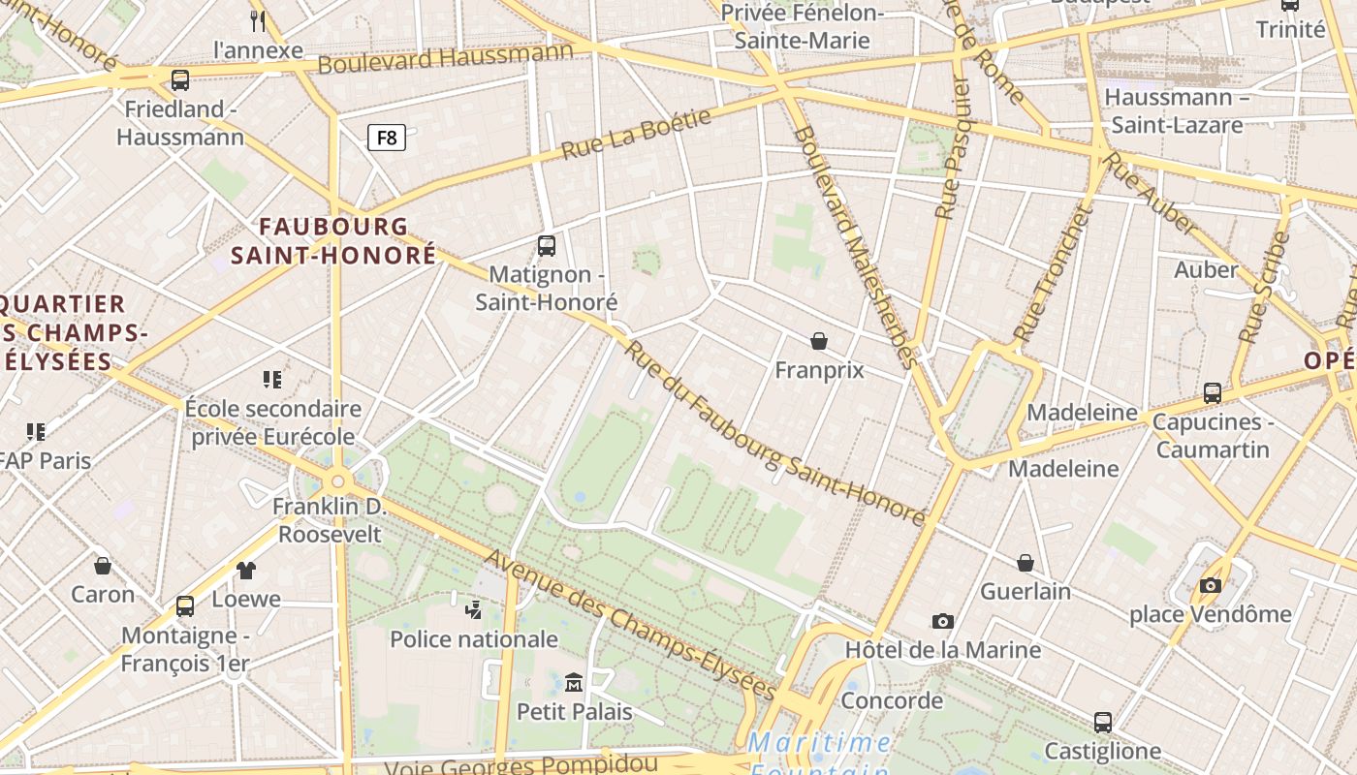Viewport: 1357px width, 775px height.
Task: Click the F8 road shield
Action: [386, 138]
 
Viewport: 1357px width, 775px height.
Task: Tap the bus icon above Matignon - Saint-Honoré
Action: [547, 246]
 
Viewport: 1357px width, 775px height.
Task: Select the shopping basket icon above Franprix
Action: [819, 341]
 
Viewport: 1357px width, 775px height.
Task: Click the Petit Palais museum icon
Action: [574, 683]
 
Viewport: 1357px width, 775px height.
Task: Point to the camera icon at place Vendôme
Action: [1210, 585]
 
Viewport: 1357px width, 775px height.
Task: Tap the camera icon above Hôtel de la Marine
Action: [942, 621]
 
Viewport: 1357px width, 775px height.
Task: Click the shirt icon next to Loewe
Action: [246, 571]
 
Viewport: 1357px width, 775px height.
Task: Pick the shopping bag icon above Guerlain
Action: [1026, 563]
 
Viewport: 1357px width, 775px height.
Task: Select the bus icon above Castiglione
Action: [1102, 723]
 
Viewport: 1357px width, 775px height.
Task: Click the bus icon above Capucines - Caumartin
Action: [1212, 393]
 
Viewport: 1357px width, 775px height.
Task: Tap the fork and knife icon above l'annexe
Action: [257, 20]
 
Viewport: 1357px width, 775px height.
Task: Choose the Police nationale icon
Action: [474, 609]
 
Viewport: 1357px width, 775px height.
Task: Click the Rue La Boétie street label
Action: [636, 134]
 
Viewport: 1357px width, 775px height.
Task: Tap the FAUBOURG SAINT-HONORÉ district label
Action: [333, 240]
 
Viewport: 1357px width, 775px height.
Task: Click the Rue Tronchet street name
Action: [1053, 274]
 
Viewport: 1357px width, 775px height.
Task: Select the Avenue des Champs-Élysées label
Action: [630, 626]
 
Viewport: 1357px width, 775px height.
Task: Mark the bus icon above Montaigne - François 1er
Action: [185, 606]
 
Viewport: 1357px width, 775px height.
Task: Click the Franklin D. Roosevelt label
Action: [330, 520]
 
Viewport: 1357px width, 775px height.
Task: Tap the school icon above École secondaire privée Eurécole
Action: [272, 379]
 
